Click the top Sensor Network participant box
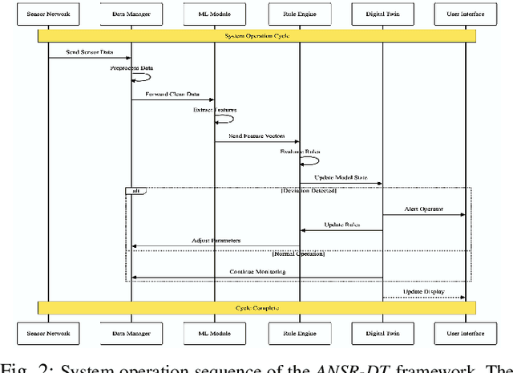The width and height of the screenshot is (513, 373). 47,15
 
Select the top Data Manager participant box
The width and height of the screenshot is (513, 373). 131,15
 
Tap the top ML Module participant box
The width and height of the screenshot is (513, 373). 215,15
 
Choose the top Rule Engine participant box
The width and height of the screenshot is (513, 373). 299,15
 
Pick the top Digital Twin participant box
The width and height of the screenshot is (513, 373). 382,15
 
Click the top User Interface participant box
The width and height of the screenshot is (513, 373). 466,15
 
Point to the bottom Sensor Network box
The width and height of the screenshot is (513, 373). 47,332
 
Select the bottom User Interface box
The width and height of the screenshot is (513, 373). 466,332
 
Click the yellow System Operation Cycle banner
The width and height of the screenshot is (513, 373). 256,36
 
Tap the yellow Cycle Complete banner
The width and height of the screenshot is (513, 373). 256,308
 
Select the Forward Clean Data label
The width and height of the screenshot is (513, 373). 173,95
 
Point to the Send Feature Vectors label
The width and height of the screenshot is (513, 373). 256,137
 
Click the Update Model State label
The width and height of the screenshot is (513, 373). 340,178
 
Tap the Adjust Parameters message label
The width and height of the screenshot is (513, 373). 216,241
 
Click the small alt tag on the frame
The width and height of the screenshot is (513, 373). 135,191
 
